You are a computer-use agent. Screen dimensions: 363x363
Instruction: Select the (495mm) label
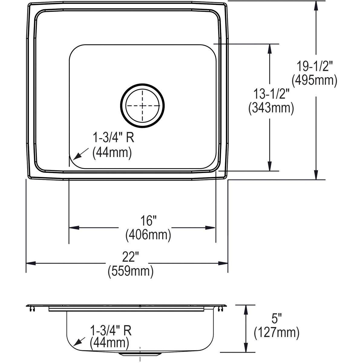[314, 80]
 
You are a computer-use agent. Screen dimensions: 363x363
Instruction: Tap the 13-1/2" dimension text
[271, 95]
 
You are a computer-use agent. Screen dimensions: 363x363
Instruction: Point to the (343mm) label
[271, 108]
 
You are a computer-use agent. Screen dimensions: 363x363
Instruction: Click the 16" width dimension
[148, 221]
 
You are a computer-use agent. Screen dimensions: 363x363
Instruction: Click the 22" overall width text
[131, 257]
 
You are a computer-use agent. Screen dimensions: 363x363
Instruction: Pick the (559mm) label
[131, 271]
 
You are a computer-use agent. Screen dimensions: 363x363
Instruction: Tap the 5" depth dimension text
[276, 319]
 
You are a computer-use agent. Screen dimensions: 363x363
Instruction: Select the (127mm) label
[276, 333]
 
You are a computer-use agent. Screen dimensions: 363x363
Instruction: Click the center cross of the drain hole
[142, 106]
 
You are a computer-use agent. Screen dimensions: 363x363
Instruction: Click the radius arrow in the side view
[78, 342]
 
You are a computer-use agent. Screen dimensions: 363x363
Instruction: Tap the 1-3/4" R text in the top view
[113, 139]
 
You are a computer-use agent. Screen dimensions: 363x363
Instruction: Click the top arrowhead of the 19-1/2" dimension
[316, 5]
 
